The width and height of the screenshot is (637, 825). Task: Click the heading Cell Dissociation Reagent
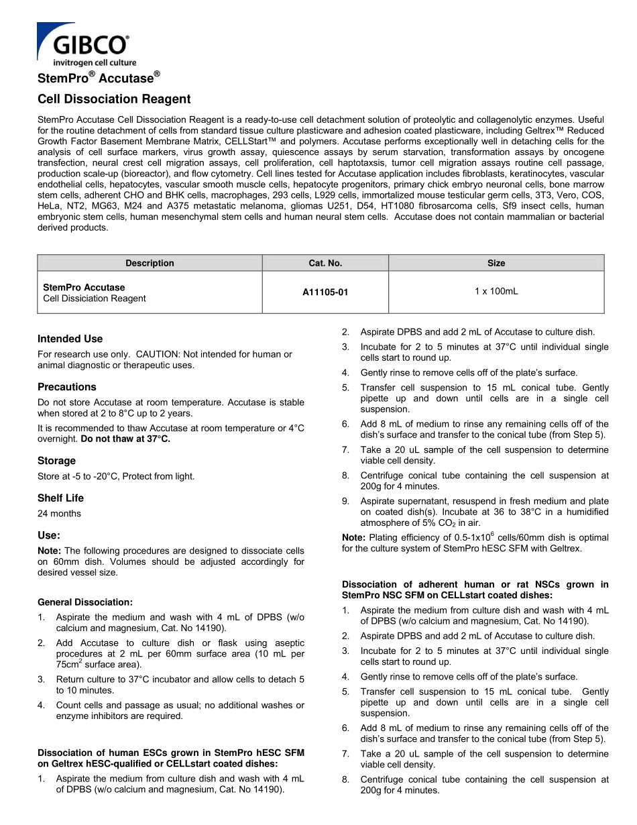114,99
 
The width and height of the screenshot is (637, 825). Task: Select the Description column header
150,263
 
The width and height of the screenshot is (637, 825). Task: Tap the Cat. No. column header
325,263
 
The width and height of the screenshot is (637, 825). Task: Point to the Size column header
496,263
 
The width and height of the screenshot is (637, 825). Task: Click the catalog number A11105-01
325,292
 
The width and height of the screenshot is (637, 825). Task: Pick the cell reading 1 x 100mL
496,291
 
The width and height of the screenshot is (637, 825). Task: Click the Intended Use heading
70,339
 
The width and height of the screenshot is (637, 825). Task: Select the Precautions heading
66,387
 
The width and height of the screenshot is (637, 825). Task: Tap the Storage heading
56,461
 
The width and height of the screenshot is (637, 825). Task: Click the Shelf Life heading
60,498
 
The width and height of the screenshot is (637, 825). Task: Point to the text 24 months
59,514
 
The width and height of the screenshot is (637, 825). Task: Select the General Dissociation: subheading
85,602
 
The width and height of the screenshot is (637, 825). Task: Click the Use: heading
49,535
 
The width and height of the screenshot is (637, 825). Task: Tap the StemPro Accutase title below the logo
99,78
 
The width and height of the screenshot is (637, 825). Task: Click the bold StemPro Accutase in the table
84,287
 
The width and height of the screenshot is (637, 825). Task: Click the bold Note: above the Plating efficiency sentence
353,537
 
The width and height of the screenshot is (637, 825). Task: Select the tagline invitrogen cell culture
94,62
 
